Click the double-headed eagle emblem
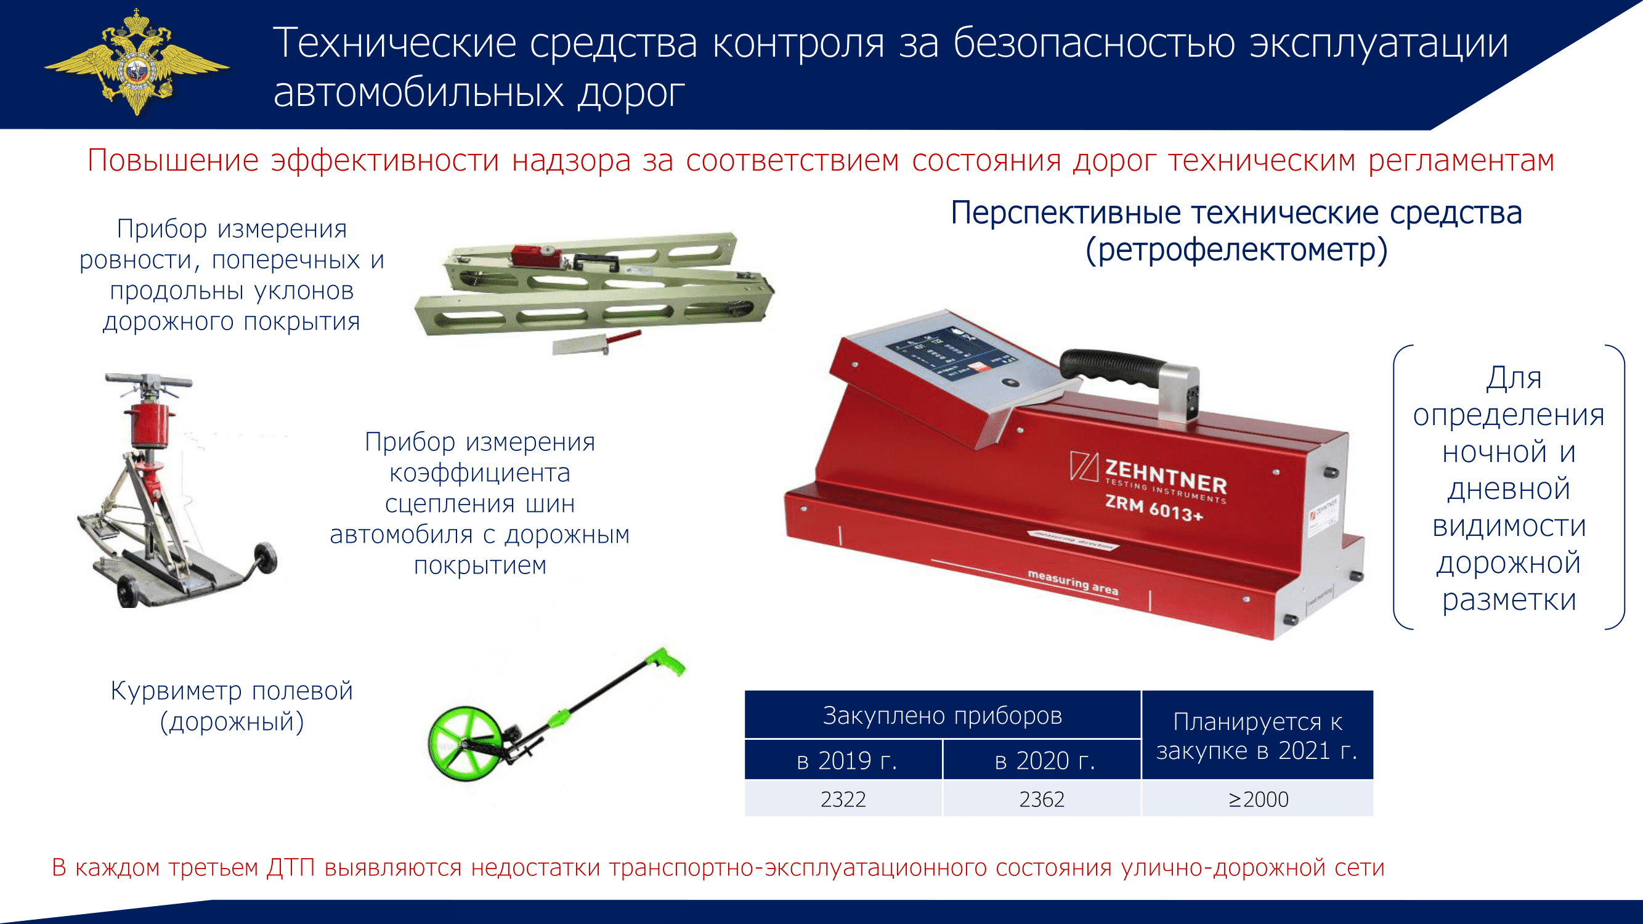coord(137,62)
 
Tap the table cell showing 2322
coord(843,798)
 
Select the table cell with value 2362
coord(1042,798)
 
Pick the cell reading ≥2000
coord(1258,798)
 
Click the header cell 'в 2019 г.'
coord(843,760)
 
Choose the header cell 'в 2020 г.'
coord(1042,760)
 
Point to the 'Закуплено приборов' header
coord(943,715)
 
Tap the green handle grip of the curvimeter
coord(666,662)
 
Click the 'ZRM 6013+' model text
coord(1154,508)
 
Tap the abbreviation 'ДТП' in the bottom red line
coord(291,867)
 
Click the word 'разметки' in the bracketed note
coord(1509,600)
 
